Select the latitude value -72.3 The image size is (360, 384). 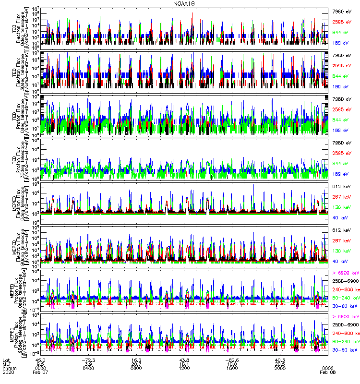point(89,360)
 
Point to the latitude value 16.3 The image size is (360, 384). point(137,360)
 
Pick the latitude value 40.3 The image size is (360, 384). point(280,360)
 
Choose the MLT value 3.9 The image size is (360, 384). point(89,364)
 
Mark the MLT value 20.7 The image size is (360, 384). point(137,364)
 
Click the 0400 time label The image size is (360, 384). point(89,368)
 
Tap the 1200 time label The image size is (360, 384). point(184,368)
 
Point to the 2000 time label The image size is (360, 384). point(280,368)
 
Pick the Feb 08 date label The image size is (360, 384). point(327,372)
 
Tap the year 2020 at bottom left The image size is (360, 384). point(8,372)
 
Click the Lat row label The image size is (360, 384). point(6,360)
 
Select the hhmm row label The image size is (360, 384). point(8,368)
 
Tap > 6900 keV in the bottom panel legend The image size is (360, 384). point(346,316)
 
